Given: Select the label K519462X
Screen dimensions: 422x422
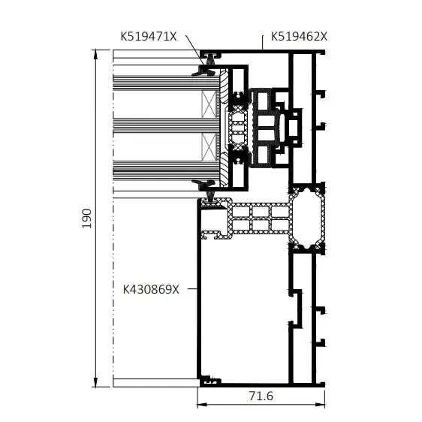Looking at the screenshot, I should click(299, 35).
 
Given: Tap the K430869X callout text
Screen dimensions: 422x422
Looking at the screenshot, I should click(152, 288).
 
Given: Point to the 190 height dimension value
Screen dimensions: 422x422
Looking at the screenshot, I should click(86, 218).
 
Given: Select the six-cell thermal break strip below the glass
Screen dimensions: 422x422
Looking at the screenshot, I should click(260, 218).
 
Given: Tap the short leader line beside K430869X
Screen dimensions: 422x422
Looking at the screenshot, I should click(189, 288).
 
